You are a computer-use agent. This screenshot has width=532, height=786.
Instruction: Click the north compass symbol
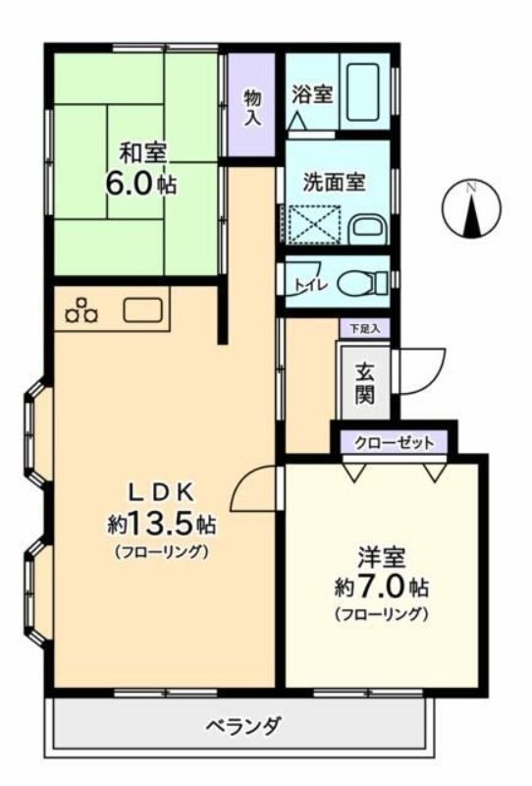click(x=471, y=208)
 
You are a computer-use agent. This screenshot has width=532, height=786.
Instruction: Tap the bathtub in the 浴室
click(x=363, y=91)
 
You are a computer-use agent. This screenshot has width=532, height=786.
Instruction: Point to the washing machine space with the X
click(x=313, y=224)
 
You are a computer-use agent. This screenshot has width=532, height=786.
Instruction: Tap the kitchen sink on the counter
click(x=142, y=310)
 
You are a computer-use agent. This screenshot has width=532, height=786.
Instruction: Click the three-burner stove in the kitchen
click(x=81, y=310)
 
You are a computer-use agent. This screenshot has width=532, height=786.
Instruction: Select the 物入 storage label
click(x=252, y=107)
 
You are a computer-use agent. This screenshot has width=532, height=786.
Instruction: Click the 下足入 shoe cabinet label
click(x=364, y=329)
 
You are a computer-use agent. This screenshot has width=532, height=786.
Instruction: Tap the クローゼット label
click(x=394, y=443)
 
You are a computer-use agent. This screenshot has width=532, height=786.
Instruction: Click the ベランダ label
click(x=244, y=725)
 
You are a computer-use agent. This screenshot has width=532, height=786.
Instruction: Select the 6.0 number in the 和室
click(x=129, y=184)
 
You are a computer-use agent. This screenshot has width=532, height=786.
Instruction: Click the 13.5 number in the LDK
click(x=161, y=524)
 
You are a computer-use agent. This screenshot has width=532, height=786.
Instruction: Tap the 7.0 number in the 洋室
click(x=381, y=587)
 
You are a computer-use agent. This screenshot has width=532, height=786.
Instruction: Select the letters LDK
click(x=162, y=493)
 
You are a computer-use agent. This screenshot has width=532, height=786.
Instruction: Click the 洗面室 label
click(x=334, y=182)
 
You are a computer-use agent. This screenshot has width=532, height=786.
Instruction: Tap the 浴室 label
click(x=312, y=93)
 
